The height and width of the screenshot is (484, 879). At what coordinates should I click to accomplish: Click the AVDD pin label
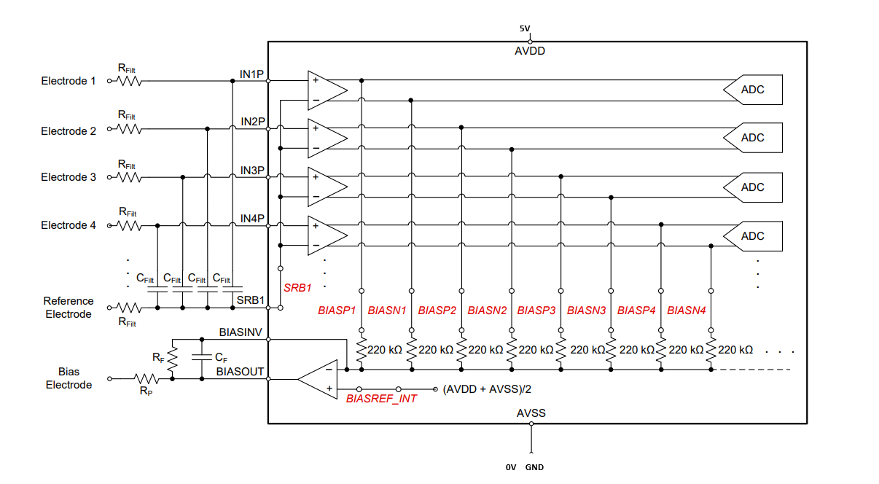(530, 51)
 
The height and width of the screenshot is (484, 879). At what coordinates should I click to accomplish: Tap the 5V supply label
(525, 28)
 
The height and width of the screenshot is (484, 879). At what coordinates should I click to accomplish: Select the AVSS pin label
(531, 413)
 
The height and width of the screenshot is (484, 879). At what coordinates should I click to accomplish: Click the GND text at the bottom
(534, 467)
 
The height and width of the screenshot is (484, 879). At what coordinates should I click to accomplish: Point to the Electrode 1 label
(69, 81)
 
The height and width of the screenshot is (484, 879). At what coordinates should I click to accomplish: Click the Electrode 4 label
(69, 225)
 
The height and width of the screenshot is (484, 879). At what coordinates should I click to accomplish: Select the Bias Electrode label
(69, 378)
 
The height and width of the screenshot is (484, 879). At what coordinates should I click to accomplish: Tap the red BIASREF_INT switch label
(381, 399)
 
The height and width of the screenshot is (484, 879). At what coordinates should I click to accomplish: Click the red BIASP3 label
(536, 311)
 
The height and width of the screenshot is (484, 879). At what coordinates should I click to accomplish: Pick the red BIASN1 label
(387, 311)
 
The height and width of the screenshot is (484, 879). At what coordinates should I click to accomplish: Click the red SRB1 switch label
(297, 288)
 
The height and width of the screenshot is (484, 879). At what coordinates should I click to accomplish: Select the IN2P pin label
(253, 122)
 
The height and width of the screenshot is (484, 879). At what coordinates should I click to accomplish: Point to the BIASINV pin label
(241, 332)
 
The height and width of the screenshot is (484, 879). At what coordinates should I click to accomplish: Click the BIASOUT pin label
(240, 371)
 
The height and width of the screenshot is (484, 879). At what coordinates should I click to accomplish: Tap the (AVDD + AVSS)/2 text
(487, 389)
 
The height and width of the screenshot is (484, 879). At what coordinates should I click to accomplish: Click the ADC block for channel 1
(753, 90)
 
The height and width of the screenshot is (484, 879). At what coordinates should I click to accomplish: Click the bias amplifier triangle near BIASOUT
(318, 379)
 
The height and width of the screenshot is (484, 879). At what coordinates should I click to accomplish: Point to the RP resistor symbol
(146, 379)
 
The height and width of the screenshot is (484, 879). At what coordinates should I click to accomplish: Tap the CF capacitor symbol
(202, 357)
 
